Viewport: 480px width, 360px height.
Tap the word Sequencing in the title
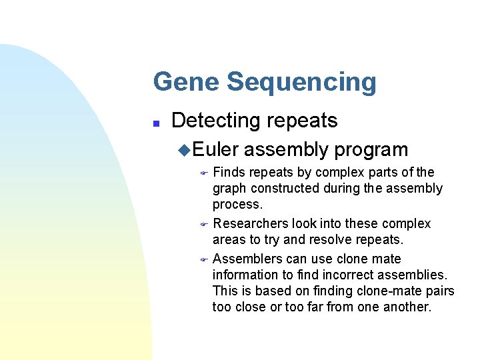[x=301, y=82]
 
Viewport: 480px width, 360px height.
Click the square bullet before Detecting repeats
[x=155, y=123]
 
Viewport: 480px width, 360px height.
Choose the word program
[x=371, y=150]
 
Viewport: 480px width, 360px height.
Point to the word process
[x=237, y=205]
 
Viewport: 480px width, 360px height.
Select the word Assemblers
[x=247, y=259]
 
